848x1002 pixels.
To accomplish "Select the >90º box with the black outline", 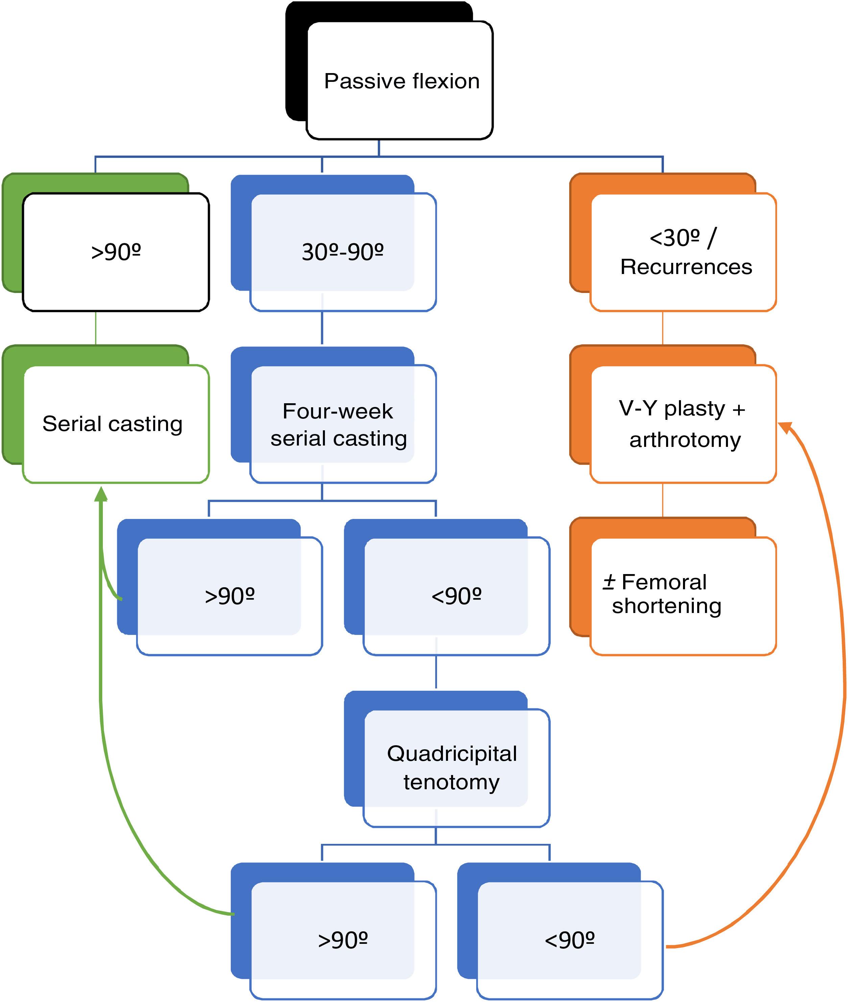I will point(116,252).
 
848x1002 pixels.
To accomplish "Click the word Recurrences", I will point(686,267).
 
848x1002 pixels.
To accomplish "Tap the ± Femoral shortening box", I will point(683,595).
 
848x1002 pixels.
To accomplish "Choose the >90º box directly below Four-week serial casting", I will point(229,595).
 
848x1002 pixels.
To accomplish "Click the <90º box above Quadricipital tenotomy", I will point(456,595).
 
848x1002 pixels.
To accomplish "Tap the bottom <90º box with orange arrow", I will point(570,939).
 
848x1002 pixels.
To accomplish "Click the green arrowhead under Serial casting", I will point(100,494).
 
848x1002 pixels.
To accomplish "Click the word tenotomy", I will point(451,782).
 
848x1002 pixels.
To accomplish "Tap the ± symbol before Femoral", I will point(609,582).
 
